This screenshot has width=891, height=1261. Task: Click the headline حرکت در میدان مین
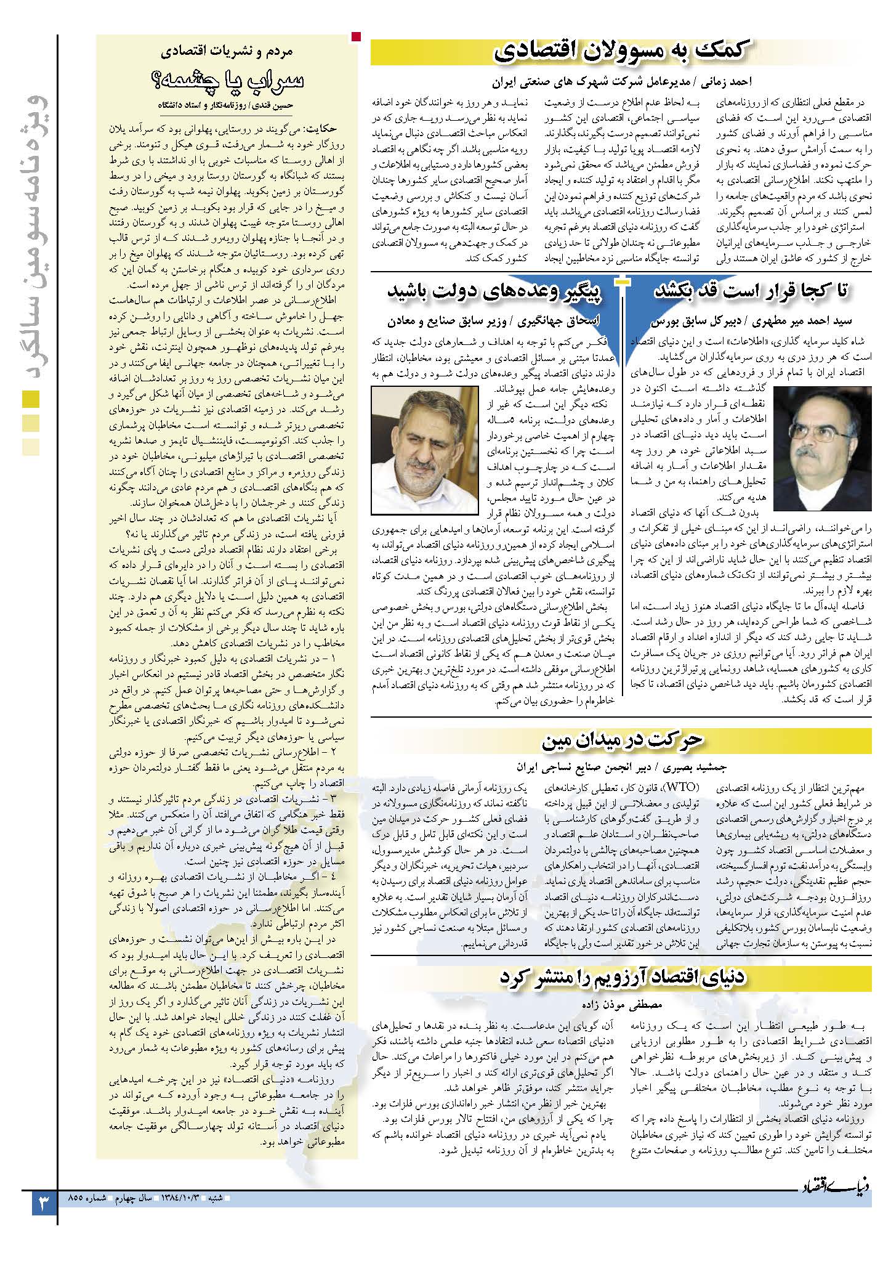coord(621,741)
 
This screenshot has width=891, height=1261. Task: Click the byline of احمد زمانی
coord(621,81)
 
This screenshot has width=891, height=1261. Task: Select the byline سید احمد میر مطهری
coord(749,321)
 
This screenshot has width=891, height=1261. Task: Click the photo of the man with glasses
coord(822,448)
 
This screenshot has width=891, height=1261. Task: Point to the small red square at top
coord(356,37)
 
